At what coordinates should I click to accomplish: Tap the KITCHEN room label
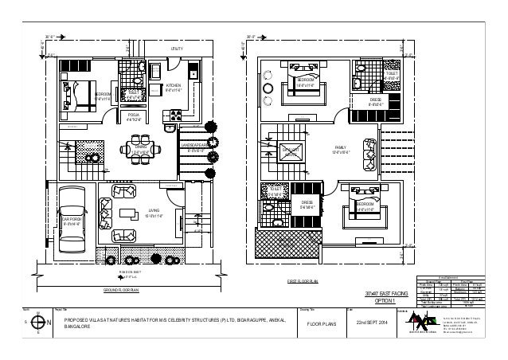click(x=173, y=88)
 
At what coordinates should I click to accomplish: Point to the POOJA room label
click(x=133, y=119)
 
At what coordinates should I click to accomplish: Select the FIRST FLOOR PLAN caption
click(x=303, y=281)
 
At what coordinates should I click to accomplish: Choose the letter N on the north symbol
click(x=29, y=323)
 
